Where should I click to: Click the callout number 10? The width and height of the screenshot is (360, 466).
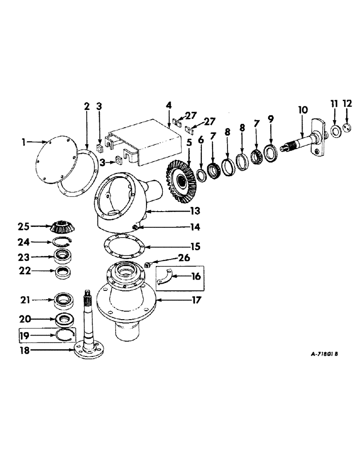point(303,110)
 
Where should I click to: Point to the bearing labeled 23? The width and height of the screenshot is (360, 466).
point(62,254)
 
